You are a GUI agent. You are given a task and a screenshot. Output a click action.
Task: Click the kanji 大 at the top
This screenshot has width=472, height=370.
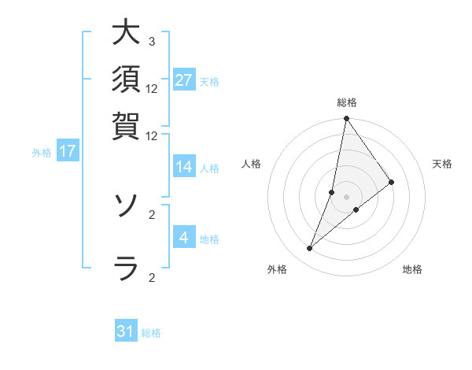coord(126,33)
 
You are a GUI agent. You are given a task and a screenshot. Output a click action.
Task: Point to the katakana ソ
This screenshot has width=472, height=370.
coord(126,206)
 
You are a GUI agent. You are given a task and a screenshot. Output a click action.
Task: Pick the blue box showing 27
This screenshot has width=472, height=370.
coord(184,80)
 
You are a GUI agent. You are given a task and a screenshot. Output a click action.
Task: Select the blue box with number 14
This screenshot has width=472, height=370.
coord(184,167)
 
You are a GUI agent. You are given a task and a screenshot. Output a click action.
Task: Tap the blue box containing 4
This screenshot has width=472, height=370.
coord(184,237)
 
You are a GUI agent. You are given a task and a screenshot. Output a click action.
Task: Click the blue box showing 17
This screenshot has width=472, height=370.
coord(68,151)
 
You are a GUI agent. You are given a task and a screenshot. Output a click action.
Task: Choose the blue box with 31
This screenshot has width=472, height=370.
coord(126,331)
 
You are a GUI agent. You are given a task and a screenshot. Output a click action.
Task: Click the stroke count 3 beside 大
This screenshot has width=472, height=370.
coord(152,41)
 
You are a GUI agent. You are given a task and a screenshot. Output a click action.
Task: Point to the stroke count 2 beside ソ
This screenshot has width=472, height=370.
coord(152,213)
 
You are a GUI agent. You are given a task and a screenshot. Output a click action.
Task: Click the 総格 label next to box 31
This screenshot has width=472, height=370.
coord(151,333)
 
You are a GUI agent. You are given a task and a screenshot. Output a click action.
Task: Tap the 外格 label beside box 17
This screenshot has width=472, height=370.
coord(42,153)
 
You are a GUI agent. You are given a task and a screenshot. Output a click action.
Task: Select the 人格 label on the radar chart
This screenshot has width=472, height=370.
coord(252,164)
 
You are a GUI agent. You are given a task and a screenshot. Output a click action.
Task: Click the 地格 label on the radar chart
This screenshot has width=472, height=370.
coord(412,270)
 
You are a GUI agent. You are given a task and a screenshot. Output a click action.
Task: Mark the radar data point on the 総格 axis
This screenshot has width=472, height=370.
coord(346,120)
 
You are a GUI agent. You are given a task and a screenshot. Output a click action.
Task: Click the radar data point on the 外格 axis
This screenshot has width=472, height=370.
coord(310,249)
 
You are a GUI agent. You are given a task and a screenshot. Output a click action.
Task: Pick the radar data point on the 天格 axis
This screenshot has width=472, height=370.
coord(391,182)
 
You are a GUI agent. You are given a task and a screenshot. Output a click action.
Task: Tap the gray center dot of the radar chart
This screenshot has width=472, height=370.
coord(346,197)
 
